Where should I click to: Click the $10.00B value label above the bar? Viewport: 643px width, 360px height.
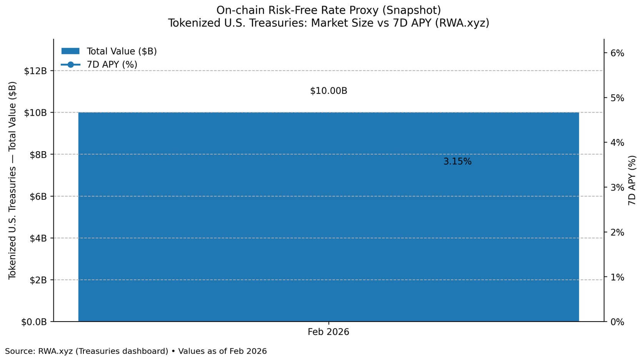click(x=328, y=91)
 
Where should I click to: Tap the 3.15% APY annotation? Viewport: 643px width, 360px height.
click(x=457, y=162)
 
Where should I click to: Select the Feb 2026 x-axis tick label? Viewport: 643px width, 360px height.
click(x=328, y=332)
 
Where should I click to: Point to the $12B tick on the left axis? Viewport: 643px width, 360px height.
click(x=35, y=71)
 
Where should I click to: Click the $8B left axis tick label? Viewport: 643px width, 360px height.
click(x=38, y=155)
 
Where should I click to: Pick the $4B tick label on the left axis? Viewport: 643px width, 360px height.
click(x=38, y=238)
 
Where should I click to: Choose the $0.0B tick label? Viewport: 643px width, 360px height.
click(x=34, y=322)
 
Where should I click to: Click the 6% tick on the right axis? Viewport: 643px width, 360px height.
click(x=617, y=53)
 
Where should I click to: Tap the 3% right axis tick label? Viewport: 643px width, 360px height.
click(x=617, y=188)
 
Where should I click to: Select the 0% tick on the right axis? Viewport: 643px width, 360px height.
click(x=617, y=322)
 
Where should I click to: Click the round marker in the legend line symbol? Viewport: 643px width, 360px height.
click(x=70, y=65)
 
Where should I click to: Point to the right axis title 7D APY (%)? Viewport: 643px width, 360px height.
click(x=632, y=180)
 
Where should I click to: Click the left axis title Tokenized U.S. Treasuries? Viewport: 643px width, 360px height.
click(x=12, y=180)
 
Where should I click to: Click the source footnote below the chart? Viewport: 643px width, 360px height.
click(x=136, y=351)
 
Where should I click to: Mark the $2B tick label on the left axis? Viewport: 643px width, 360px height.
click(x=38, y=280)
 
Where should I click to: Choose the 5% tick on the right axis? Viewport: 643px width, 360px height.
click(x=617, y=98)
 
